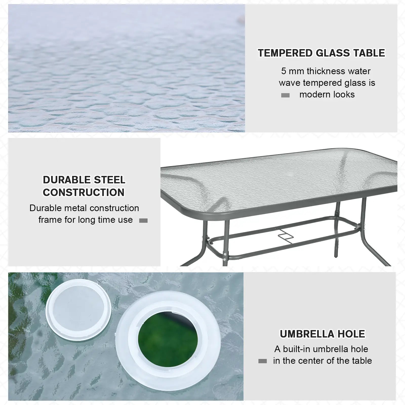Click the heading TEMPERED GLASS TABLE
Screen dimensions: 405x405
click(321, 53)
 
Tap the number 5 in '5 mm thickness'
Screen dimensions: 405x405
click(284, 71)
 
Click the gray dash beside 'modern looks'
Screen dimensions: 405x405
click(285, 95)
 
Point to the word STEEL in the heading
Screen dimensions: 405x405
click(109, 180)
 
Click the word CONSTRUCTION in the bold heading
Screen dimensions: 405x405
click(84, 192)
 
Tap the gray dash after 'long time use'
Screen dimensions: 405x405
click(143, 221)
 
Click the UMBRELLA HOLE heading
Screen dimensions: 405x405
click(322, 334)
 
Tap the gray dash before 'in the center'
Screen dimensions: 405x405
click(262, 361)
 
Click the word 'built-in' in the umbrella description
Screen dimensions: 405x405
click(299, 349)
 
